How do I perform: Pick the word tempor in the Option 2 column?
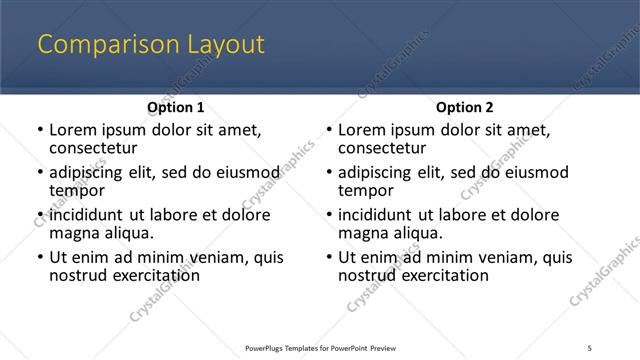(365, 190)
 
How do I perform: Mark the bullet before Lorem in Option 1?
(40, 130)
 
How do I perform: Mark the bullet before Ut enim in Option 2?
(329, 257)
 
